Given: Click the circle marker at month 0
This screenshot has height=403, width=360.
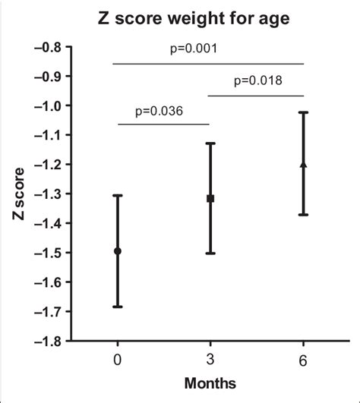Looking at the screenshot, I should (x=118, y=251).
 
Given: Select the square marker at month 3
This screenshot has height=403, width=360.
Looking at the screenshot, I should (x=210, y=198).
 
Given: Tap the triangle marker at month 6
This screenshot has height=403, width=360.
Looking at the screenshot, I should (x=303, y=164).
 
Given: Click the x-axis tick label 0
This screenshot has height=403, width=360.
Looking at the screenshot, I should (x=118, y=359).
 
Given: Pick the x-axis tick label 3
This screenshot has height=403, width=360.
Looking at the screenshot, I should (x=210, y=359).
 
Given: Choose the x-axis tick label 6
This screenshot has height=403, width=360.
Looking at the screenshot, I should (x=303, y=359).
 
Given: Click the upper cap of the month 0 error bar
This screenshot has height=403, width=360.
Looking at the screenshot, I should (x=118, y=196).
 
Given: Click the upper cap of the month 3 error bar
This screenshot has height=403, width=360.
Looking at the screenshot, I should (x=210, y=143).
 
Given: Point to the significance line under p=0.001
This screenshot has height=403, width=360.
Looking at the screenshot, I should (x=209, y=63).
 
